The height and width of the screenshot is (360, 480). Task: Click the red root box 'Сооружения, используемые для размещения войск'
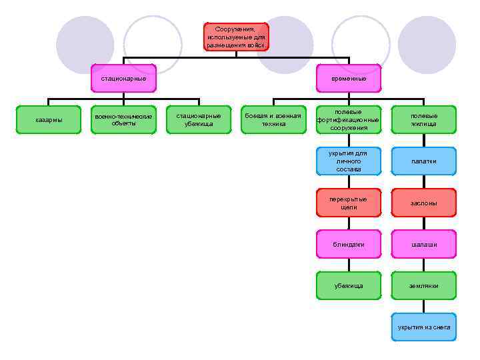(235, 37)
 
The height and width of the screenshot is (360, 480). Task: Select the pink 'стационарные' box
(123, 78)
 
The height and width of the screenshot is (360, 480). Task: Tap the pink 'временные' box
(349, 78)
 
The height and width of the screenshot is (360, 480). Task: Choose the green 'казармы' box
(49, 119)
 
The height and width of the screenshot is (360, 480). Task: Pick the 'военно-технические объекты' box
(123, 119)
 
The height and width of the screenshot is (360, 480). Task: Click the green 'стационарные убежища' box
(198, 119)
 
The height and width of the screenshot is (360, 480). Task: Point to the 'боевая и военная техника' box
(273, 119)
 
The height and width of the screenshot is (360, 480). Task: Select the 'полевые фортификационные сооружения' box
(349, 119)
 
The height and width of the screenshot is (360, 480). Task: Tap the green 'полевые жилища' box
(423, 119)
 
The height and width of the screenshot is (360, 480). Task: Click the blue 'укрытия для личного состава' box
(349, 161)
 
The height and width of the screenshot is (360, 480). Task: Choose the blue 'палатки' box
(423, 161)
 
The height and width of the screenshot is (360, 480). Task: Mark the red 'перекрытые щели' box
(349, 203)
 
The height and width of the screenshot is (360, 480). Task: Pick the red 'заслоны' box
(423, 203)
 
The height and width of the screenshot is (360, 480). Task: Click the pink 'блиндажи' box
(349, 244)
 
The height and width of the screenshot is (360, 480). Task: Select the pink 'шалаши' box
(423, 244)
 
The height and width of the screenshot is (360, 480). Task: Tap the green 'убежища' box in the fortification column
(349, 285)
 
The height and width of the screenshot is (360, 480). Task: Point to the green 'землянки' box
(423, 285)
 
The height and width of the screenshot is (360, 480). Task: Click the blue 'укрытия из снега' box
(423, 327)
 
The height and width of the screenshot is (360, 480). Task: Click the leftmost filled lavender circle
(85, 44)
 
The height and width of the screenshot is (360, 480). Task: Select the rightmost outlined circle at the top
(360, 44)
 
